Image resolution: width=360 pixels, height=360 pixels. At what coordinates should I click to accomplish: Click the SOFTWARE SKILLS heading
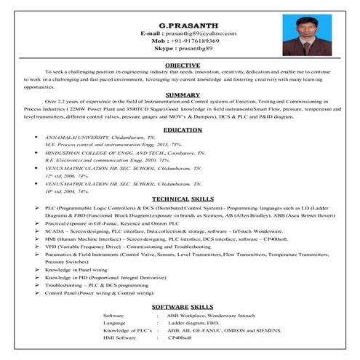point(182,307)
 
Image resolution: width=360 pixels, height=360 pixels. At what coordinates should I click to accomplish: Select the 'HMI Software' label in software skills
point(120,337)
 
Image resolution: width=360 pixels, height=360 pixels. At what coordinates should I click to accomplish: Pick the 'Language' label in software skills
point(115,322)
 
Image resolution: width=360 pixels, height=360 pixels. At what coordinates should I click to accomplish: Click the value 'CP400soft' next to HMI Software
point(181,337)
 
